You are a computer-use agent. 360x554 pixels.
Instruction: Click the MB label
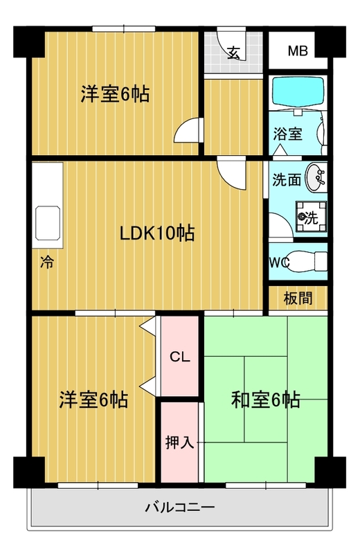(298, 51)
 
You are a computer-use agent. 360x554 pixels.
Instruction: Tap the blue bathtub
(298, 91)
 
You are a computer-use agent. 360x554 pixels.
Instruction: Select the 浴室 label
(287, 134)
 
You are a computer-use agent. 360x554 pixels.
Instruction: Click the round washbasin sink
(316, 178)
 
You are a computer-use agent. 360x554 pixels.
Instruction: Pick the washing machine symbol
(311, 217)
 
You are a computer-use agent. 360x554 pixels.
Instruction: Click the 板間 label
(298, 298)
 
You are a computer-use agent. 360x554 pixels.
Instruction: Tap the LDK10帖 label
(157, 233)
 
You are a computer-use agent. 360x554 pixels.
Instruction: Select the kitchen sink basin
(48, 223)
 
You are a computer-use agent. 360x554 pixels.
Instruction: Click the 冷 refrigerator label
(46, 262)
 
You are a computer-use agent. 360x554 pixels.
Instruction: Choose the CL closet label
(180, 357)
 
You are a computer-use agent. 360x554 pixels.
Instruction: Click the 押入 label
(180, 442)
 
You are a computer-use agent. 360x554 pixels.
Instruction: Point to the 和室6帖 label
(266, 400)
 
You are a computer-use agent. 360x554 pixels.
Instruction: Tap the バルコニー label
(180, 508)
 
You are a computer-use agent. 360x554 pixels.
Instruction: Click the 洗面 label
(287, 180)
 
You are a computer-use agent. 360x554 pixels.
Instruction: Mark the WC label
(280, 262)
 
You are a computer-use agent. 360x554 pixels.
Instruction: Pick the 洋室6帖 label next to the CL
(93, 400)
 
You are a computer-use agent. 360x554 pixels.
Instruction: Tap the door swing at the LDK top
(231, 174)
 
